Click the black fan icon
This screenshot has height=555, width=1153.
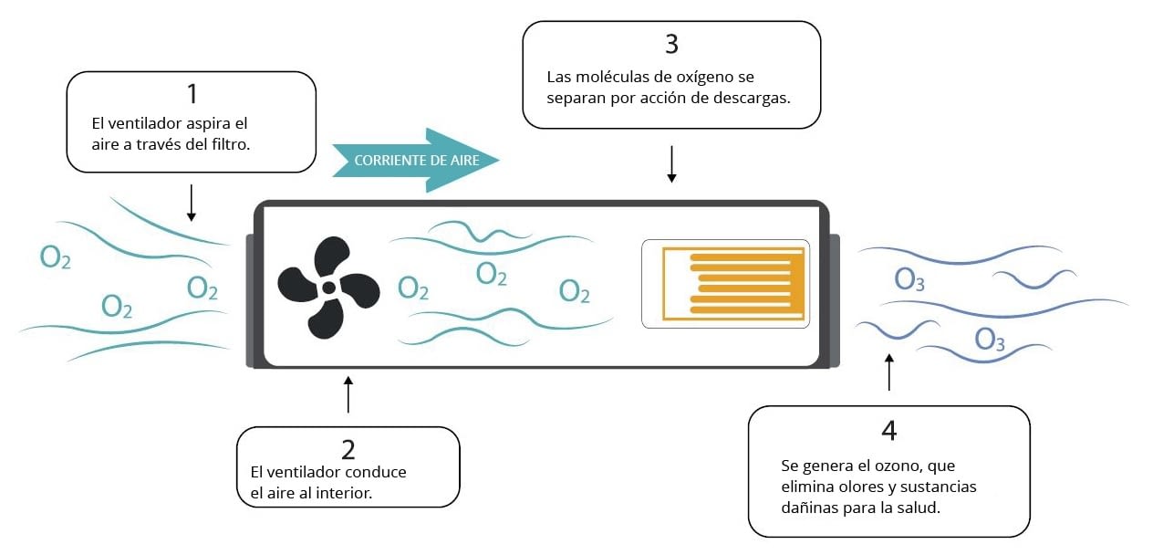pos(328,288)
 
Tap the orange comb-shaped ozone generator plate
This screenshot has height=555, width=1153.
pos(733,283)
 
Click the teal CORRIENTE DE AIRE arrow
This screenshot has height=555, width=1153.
pos(416,161)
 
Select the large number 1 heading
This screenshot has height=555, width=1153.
pos(192,94)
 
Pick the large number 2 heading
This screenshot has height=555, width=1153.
pos(348,450)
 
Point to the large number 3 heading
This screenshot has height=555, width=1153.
pos(671,45)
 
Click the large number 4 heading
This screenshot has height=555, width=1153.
pos(889,430)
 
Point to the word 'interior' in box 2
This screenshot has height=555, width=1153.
pos(343,493)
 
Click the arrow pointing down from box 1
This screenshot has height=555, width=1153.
pos(192,203)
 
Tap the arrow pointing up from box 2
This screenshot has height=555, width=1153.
pos(348,394)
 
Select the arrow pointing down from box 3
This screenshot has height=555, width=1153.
pos(671,164)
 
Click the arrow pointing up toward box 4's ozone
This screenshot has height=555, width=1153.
pos(889,372)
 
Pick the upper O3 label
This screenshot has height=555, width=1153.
pos(909,279)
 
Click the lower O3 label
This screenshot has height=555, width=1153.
pos(990,340)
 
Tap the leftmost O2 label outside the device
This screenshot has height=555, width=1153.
pos(55,257)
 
